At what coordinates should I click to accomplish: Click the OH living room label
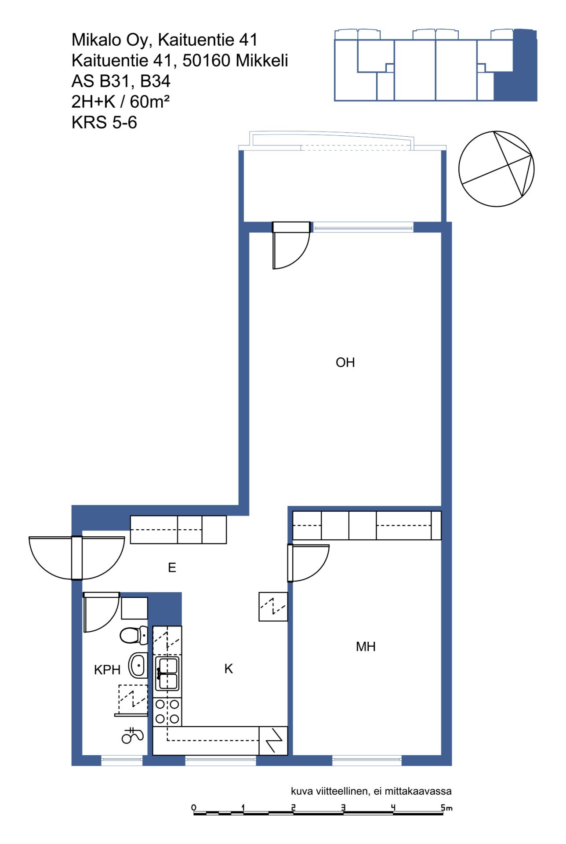pos(345,362)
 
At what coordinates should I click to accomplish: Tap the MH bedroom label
pos(366,647)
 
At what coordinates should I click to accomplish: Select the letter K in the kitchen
pos(229,669)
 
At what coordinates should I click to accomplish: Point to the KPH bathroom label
pos(107,669)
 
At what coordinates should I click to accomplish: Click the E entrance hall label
pos(172,568)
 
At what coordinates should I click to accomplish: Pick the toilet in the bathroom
pos(134,635)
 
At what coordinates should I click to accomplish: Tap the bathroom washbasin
pos(138,666)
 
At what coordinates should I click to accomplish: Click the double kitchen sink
pos(167,673)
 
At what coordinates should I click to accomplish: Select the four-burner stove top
pos(167,712)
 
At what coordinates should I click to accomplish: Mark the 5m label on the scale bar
pos(446,808)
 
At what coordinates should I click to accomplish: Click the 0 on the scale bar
pos(194,807)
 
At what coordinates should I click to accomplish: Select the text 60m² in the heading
pos(149,102)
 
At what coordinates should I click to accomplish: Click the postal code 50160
pos(206,60)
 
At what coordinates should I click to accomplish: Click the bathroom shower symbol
pos(132,735)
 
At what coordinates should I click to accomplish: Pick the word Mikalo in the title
pos(97,40)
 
